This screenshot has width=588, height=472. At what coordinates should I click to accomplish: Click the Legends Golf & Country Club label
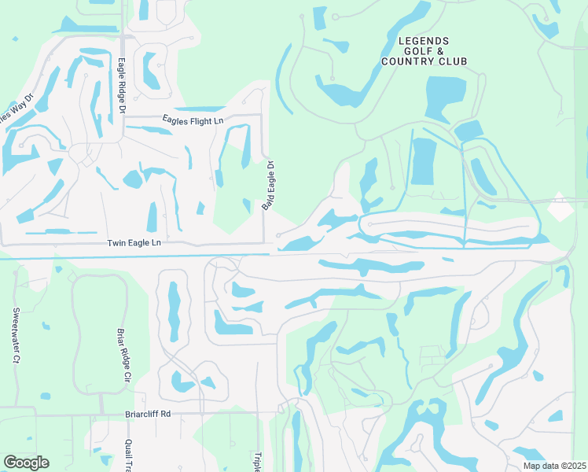pyautogui.click(x=424, y=51)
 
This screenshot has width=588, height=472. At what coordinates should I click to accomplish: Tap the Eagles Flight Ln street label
pyautogui.click(x=193, y=120)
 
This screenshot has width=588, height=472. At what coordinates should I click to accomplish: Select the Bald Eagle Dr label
pyautogui.click(x=269, y=185)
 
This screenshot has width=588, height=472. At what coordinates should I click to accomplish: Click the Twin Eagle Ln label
pyautogui.click(x=134, y=244)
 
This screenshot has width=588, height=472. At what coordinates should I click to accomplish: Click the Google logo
pyautogui.click(x=26, y=463)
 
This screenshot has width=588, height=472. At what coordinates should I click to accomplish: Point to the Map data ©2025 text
pyautogui.click(x=553, y=466)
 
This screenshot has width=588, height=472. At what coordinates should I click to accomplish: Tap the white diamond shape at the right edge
pyautogui.click(x=560, y=208)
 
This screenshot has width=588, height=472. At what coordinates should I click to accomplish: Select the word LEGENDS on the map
pyautogui.click(x=424, y=41)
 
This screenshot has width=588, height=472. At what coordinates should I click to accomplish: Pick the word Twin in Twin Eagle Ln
pyautogui.click(x=116, y=244)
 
